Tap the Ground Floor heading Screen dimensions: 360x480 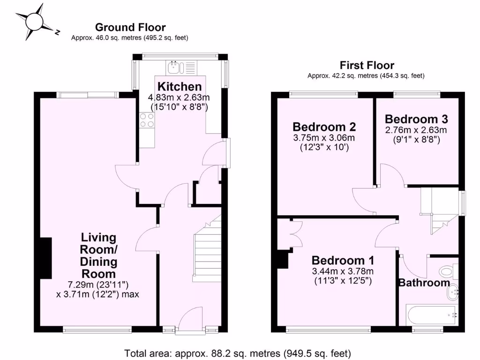130,28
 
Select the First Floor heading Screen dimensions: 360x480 367,66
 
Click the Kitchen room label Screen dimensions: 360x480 180,87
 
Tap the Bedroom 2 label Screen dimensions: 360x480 324,127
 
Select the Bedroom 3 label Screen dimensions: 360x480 416,119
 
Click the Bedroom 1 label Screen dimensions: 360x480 343,261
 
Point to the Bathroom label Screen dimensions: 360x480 423,283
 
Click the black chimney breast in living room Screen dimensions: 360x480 45,259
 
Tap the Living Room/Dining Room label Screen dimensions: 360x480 98,255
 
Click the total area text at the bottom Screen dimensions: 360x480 237,352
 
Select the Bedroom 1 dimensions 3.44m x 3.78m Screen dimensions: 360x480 343,271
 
